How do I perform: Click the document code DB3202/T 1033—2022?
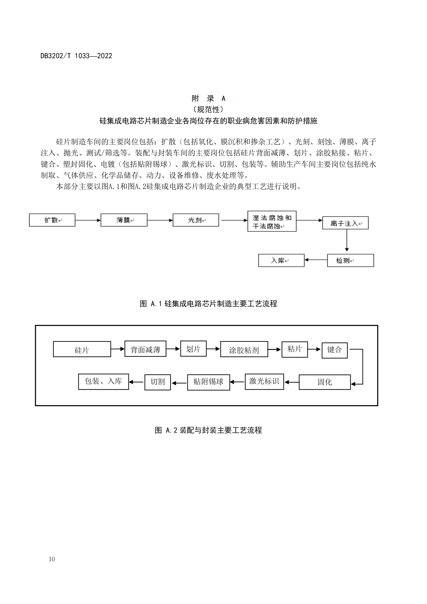pyautogui.click(x=76, y=56)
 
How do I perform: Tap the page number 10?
pyautogui.click(x=52, y=559)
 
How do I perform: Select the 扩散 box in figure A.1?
pyautogui.click(x=52, y=220)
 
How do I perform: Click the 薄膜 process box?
pyautogui.click(x=124, y=220)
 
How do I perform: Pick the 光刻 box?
pyautogui.click(x=196, y=220)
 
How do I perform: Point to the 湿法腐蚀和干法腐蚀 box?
pyautogui.click(x=272, y=221)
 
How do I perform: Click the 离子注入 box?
pyautogui.click(x=345, y=223)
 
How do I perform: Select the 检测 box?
pyautogui.click(x=350, y=261)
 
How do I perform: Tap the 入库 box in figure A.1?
pyautogui.click(x=281, y=261)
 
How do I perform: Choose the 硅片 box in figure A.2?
pyautogui.click(x=82, y=349)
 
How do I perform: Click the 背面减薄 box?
pyautogui.click(x=145, y=349)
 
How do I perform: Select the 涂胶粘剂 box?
pyautogui.click(x=244, y=349)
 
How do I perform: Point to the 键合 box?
pyautogui.click(x=334, y=350)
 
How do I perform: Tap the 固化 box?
pyautogui.click(x=325, y=382)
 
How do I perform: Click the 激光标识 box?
pyautogui.click(x=264, y=381)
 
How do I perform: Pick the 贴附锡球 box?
pyautogui.click(x=208, y=382)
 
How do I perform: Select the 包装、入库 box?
pyautogui.click(x=103, y=381)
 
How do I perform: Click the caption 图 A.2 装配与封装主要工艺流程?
pyautogui.click(x=208, y=430)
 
